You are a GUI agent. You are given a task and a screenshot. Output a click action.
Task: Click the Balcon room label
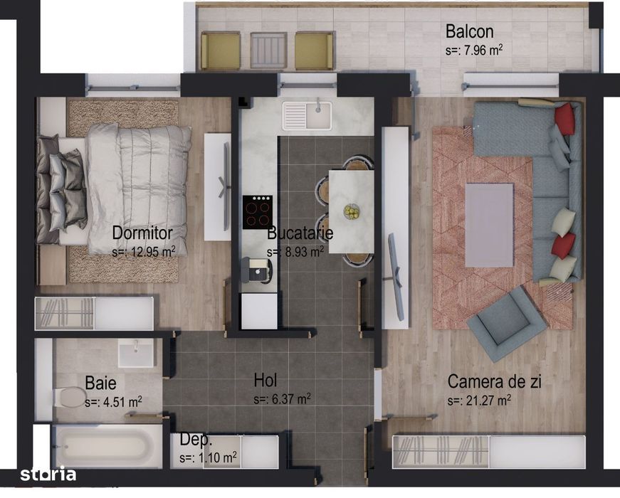pyautogui.click(x=469, y=32)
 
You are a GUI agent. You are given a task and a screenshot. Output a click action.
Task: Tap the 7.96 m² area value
pyautogui.click(x=473, y=51)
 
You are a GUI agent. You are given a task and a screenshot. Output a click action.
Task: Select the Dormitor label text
pyautogui.click(x=142, y=233)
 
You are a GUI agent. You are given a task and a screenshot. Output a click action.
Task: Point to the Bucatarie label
pyautogui.click(x=300, y=233)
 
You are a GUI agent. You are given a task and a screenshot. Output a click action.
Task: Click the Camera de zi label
pyautogui.click(x=495, y=382)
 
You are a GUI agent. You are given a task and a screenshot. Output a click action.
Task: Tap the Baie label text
pyautogui.click(x=100, y=383)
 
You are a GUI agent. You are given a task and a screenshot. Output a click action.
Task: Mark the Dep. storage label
pyautogui.click(x=196, y=440)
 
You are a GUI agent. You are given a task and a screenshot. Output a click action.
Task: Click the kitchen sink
pyautogui.click(x=306, y=116)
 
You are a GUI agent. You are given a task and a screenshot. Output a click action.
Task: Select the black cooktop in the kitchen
pyautogui.click(x=257, y=211)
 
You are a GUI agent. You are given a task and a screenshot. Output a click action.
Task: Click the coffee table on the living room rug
pyautogui.click(x=489, y=225)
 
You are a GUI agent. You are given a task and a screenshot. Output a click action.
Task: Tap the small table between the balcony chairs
pyautogui.click(x=268, y=51)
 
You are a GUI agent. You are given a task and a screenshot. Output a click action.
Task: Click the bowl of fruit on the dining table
pyautogui.click(x=351, y=211)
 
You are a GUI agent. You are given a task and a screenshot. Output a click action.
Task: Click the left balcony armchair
pyautogui.click(x=221, y=51)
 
